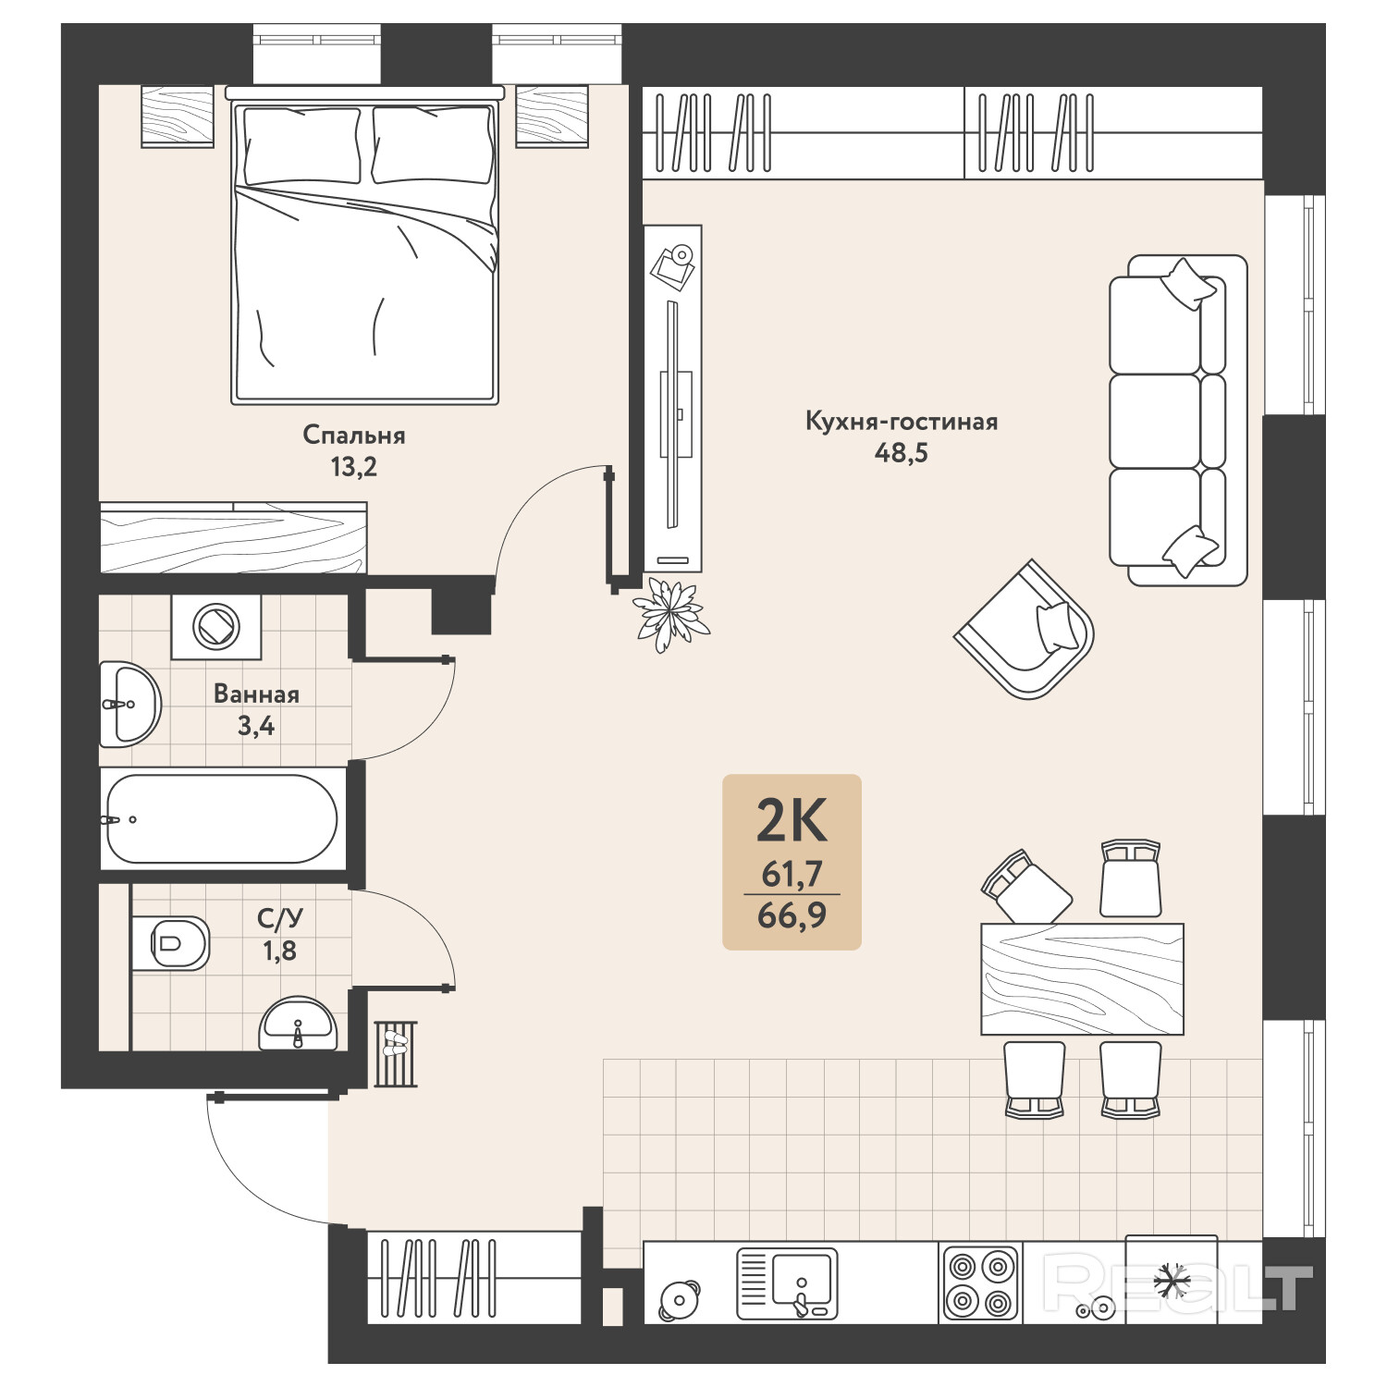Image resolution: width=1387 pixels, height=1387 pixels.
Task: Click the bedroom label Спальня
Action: pyautogui.click(x=354, y=435)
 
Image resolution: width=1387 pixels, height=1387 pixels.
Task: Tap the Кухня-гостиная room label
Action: pyautogui.click(x=902, y=422)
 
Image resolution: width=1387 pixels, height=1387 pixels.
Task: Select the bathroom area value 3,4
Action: pyautogui.click(x=256, y=726)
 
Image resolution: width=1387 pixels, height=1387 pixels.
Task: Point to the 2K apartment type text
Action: pyautogui.click(x=792, y=820)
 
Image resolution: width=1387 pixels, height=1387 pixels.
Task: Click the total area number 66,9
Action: pyautogui.click(x=792, y=915)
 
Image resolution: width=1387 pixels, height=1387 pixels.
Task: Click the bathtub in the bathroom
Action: pyautogui.click(x=222, y=818)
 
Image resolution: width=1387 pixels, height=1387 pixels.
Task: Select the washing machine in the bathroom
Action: pyautogui.click(x=216, y=626)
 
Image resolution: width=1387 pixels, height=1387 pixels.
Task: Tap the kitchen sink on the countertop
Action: pyautogui.click(x=787, y=1283)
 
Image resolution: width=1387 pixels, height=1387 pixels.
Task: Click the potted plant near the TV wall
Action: pyautogui.click(x=670, y=614)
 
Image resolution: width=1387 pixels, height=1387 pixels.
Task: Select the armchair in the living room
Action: pyautogui.click(x=1025, y=629)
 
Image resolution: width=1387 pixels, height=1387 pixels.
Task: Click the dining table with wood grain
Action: pyautogui.click(x=1082, y=979)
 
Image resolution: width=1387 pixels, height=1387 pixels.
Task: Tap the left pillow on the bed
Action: pyautogui.click(x=301, y=145)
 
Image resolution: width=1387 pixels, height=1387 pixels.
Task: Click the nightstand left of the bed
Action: pyautogui.click(x=178, y=117)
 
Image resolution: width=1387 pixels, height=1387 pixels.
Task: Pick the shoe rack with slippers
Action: pyautogui.click(x=396, y=1054)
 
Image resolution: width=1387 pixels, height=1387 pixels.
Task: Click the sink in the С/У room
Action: pyautogui.click(x=298, y=1023)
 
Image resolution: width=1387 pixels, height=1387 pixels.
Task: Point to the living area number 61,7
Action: pyautogui.click(x=792, y=873)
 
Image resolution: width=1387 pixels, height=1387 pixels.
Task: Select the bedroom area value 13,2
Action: pyautogui.click(x=354, y=467)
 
